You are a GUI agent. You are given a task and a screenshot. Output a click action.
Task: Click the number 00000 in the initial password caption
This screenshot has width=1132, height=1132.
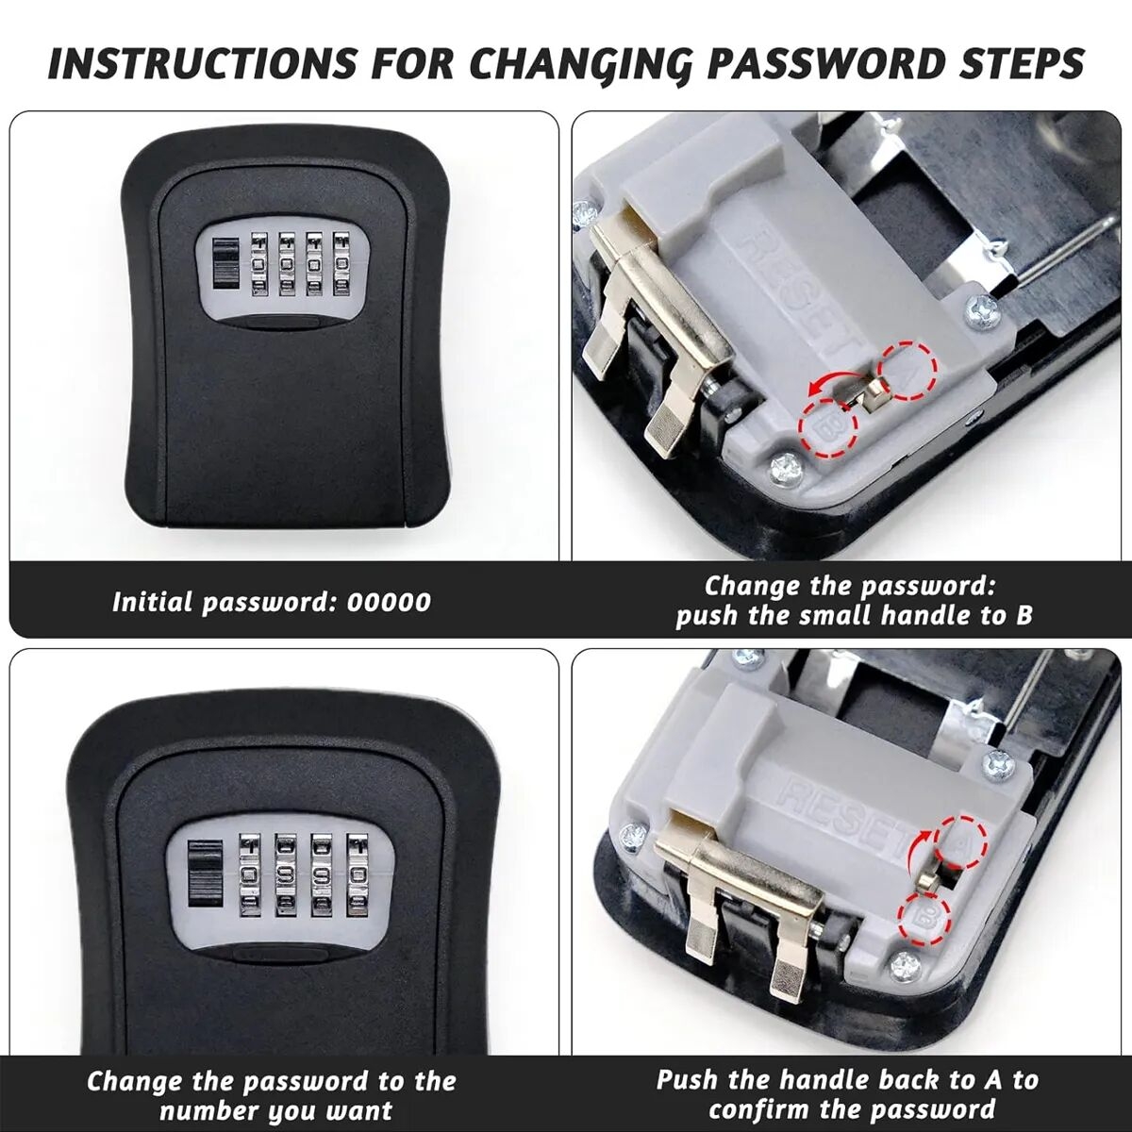(x=389, y=603)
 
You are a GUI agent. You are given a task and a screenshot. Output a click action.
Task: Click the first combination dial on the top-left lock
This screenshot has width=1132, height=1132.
(x=259, y=263)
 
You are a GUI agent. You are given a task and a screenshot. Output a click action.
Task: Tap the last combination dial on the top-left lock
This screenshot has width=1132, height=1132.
(x=341, y=263)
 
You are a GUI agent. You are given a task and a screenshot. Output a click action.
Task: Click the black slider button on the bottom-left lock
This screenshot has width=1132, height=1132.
(x=205, y=890)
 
